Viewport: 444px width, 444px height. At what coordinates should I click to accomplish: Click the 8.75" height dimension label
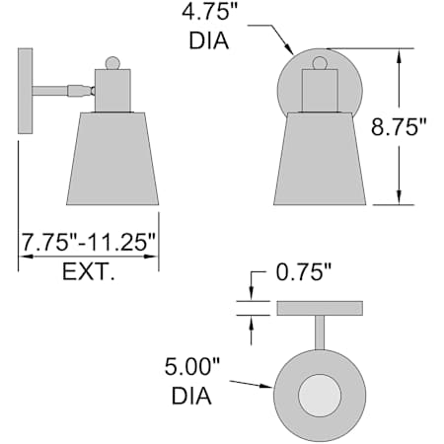(x=399, y=127)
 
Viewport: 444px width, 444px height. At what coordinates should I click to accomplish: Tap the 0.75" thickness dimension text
(x=304, y=272)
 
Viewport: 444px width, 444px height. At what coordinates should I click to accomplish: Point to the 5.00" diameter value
(x=191, y=367)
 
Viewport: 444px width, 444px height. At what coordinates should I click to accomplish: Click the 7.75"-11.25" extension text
(x=88, y=242)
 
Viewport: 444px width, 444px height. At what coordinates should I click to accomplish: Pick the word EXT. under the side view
(x=89, y=272)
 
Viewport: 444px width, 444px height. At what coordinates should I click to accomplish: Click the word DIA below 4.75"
(x=209, y=40)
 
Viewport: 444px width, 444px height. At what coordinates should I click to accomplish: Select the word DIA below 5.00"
(x=191, y=396)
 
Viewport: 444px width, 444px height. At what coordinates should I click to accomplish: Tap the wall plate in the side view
(x=26, y=91)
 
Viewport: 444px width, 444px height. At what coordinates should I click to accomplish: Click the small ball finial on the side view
(x=112, y=63)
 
